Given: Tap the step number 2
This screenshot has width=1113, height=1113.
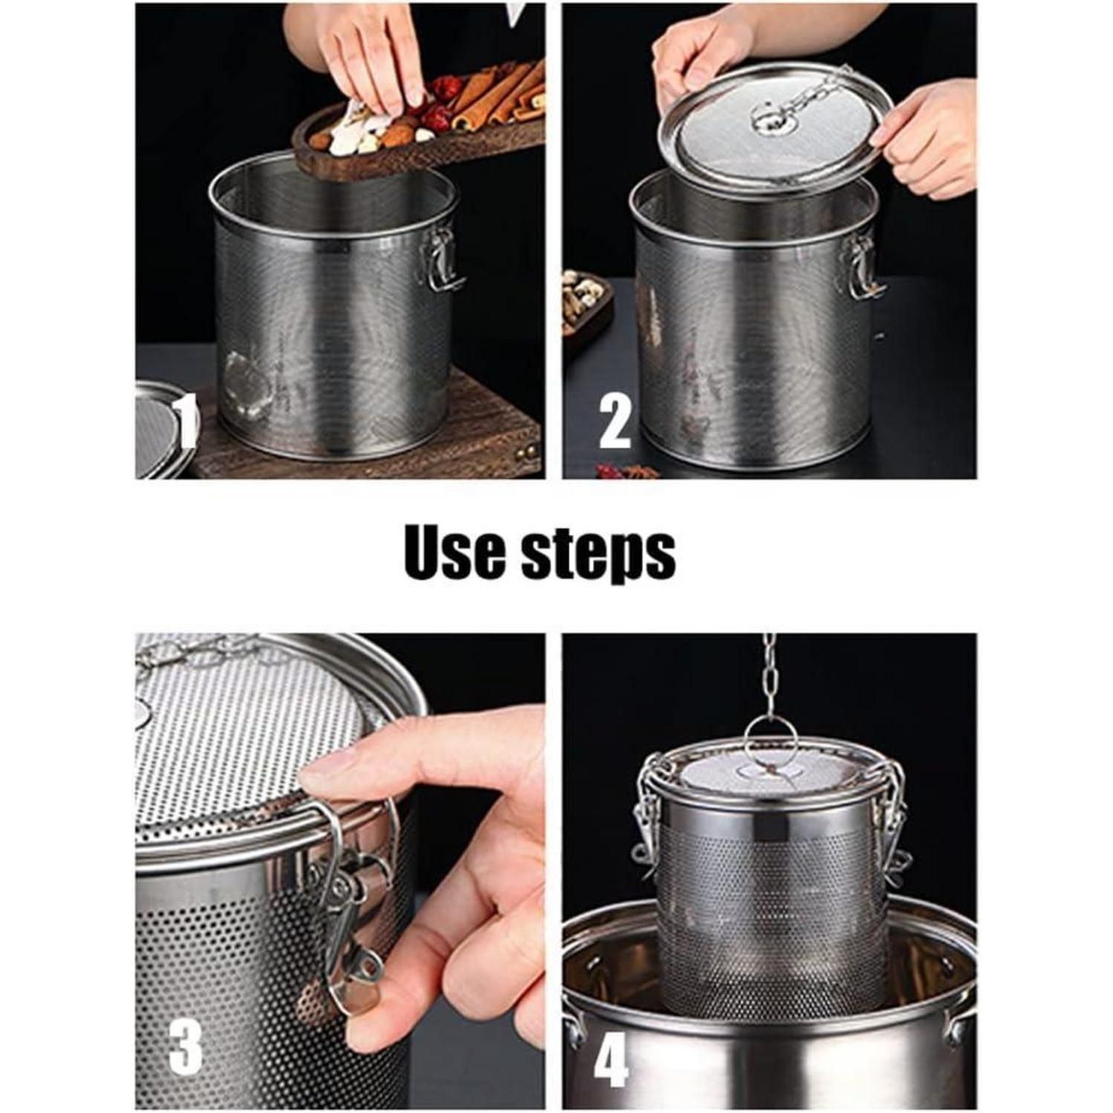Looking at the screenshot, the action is click(x=614, y=422).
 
